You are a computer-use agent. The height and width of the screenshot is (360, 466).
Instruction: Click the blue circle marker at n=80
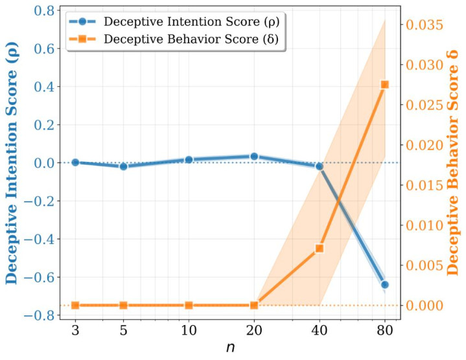[x=385, y=284]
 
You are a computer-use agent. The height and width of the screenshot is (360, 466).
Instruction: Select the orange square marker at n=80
[x=385, y=85]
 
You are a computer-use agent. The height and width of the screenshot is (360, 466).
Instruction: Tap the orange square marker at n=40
[x=320, y=248]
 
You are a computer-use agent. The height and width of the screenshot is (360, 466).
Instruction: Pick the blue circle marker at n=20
[x=254, y=156]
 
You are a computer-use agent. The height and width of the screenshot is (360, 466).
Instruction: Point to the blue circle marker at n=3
[x=75, y=163]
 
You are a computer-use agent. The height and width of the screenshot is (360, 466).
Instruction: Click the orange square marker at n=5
[x=123, y=305]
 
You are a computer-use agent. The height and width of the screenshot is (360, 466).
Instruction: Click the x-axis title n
[x=231, y=347]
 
